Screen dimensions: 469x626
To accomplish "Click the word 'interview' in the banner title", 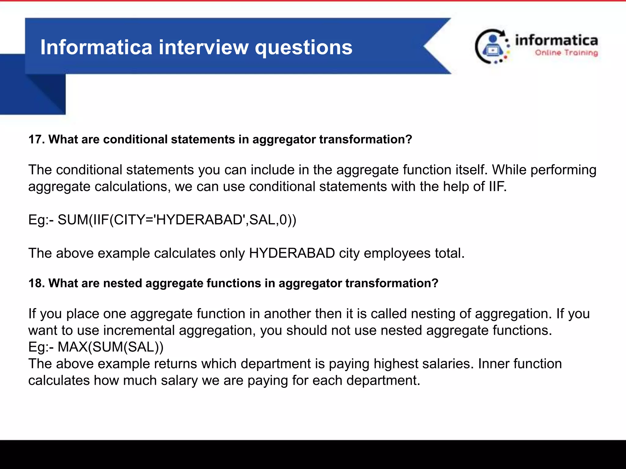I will pos(203,47).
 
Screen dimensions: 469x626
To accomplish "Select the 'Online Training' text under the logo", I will pos(566,53).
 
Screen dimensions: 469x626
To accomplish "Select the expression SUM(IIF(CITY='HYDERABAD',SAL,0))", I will pos(177,220).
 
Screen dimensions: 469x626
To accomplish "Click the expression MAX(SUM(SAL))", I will pos(110,347).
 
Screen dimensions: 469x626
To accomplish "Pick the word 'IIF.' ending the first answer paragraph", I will pos(498,187).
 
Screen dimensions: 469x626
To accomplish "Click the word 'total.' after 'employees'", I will pos(450,253).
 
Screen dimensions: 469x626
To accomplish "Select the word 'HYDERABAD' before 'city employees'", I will pos(292,253).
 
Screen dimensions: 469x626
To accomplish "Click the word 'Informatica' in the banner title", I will pos(96,47).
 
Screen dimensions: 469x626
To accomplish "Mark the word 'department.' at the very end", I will pos(383,381).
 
